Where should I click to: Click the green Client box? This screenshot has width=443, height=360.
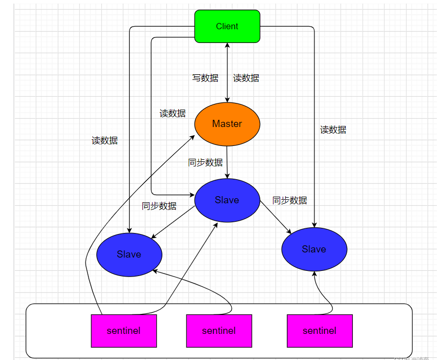(x=227, y=26)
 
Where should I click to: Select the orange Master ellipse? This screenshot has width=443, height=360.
(x=227, y=124)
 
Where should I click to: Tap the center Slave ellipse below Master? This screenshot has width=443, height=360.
(x=227, y=200)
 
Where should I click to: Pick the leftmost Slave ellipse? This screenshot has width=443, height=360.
(x=129, y=255)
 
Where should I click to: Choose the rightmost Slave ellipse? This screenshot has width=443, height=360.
(x=314, y=249)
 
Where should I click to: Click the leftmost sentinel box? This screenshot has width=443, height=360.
(x=123, y=331)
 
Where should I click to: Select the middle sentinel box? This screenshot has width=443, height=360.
(x=219, y=331)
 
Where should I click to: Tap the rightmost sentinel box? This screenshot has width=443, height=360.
(x=320, y=331)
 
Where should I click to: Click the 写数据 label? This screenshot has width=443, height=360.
(x=205, y=78)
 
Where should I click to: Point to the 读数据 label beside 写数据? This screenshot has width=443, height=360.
(x=246, y=78)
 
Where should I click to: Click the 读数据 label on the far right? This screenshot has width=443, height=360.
(x=333, y=130)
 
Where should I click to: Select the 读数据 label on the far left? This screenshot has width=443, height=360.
(x=104, y=140)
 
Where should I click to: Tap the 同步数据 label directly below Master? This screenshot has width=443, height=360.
(x=205, y=163)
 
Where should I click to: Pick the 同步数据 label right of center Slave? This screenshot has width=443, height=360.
(x=290, y=200)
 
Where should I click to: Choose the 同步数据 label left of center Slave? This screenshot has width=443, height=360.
(x=159, y=206)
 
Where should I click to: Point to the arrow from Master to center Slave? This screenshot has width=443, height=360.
(x=227, y=162)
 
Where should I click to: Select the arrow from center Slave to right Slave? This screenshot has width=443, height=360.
(x=276, y=218)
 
